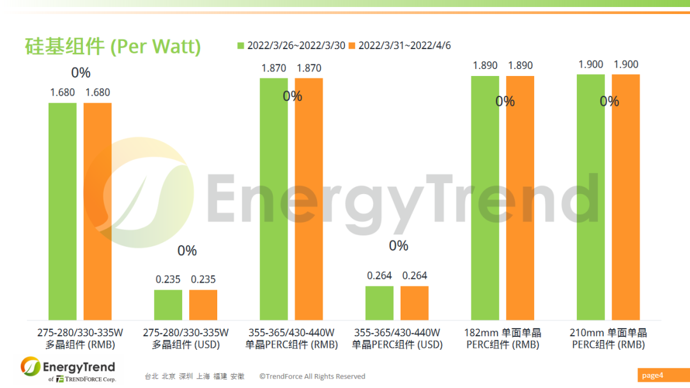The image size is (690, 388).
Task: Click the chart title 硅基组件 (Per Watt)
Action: (x=112, y=46)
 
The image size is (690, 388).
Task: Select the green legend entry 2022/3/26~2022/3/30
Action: (x=291, y=45)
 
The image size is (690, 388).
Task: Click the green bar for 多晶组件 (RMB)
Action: (x=62, y=211)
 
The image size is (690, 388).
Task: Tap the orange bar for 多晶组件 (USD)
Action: (x=203, y=304)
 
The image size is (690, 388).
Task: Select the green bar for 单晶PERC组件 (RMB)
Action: (x=273, y=198)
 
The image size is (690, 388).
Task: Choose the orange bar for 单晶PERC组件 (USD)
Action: (x=415, y=302)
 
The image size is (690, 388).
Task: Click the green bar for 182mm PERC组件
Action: (x=485, y=197)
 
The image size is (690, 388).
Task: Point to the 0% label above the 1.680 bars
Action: (x=80, y=72)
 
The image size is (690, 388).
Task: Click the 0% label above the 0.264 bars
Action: (x=398, y=246)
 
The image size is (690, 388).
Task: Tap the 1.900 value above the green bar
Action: (x=590, y=64)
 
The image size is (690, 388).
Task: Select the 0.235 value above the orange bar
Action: (x=203, y=280)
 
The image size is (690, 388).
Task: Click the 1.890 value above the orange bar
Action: (x=520, y=66)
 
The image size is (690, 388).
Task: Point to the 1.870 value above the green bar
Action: (x=273, y=68)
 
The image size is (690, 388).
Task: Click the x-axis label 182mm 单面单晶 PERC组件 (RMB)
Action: (x=503, y=338)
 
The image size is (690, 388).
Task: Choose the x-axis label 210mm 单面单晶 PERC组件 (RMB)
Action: (x=608, y=338)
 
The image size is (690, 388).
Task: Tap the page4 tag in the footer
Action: (x=653, y=375)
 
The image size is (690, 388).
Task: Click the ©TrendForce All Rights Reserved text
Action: (x=312, y=377)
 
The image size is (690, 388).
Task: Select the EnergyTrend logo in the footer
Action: (x=68, y=369)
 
